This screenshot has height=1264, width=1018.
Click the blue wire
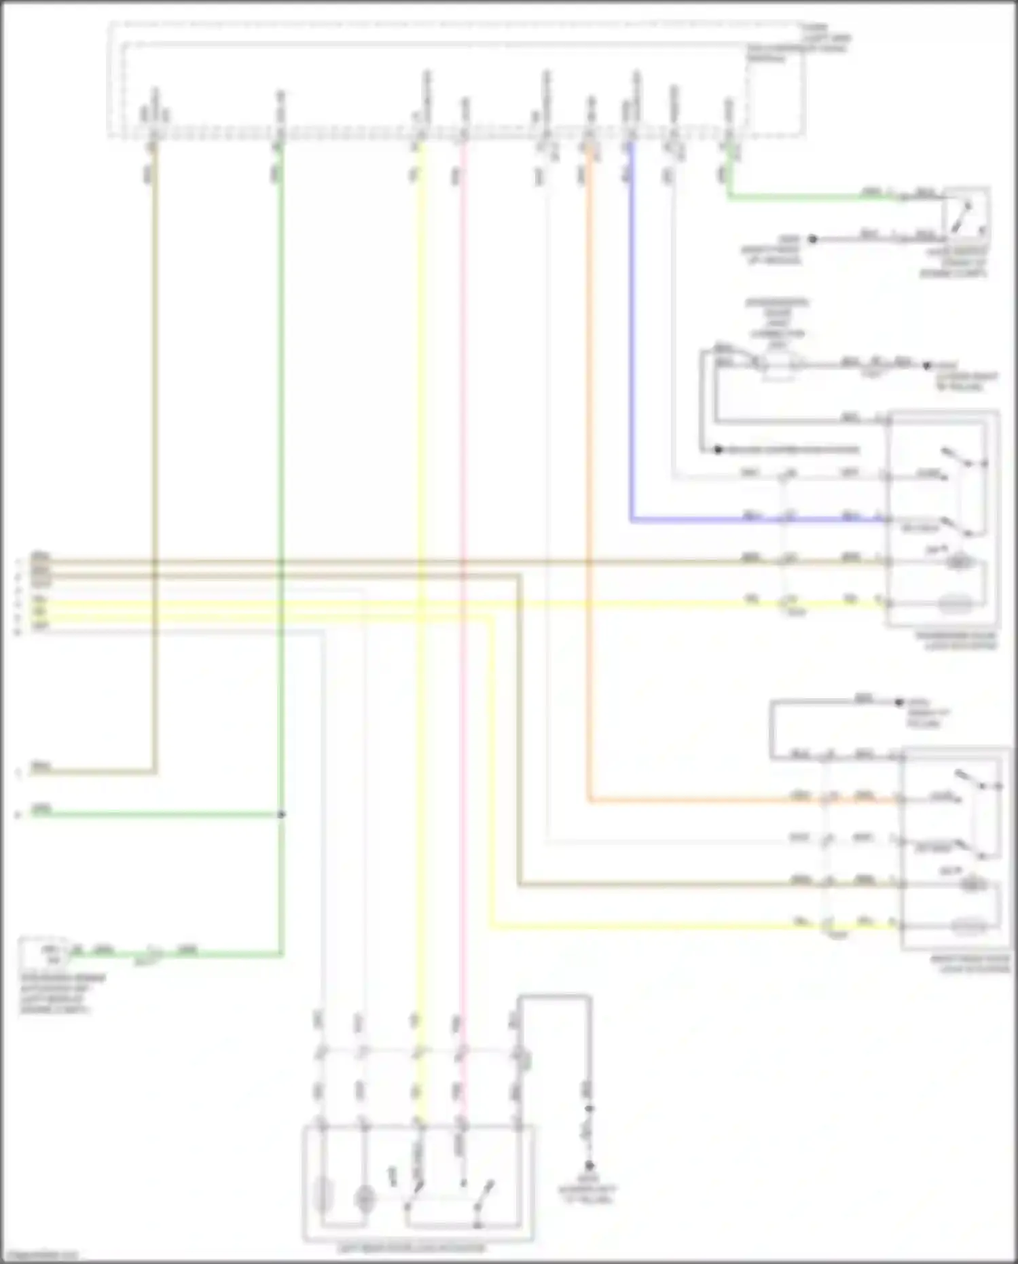tap(631, 340)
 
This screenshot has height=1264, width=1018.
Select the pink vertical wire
tap(462, 747)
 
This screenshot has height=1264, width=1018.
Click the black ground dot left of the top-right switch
tap(812, 239)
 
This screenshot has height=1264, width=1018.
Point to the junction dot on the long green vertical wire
tap(281, 814)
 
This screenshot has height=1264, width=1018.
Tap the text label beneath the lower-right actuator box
tap(970, 964)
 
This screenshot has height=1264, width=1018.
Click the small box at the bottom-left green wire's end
tap(42, 954)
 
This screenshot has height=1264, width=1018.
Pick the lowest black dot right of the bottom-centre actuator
tap(589, 1165)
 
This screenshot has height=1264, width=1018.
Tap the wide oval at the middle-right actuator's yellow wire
tap(958, 602)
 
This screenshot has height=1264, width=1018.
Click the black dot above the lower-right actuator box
tap(900, 702)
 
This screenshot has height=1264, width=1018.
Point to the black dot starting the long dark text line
tap(718, 450)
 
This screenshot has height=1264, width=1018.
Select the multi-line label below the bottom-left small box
tap(54, 994)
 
